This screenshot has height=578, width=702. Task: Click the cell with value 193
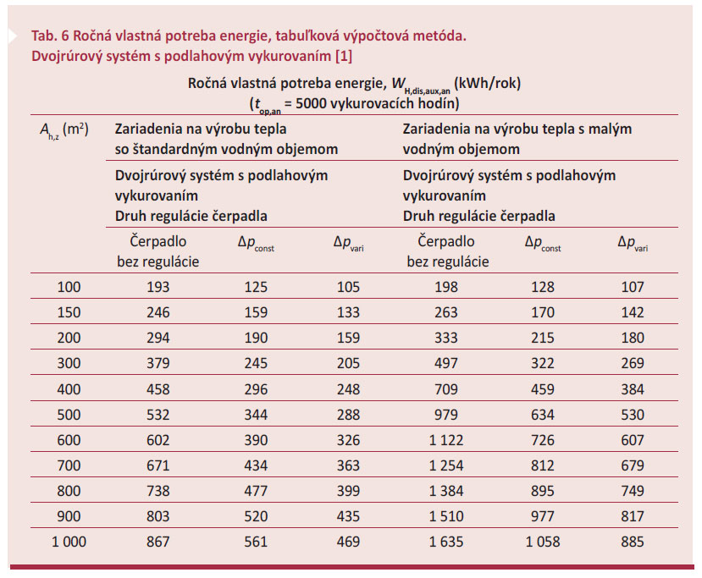click(158, 287)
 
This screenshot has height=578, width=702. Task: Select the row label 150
click(69, 312)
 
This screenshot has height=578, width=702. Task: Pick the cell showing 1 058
click(542, 542)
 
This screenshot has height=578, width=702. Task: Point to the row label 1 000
click(69, 542)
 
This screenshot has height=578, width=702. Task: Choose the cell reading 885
click(633, 542)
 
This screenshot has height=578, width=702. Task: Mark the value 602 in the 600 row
click(158, 440)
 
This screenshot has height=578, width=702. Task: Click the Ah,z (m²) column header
click(65, 130)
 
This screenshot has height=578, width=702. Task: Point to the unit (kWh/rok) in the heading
click(486, 84)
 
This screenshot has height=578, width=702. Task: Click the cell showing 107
click(633, 287)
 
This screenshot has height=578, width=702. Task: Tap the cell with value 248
click(347, 389)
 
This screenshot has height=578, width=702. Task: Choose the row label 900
click(69, 517)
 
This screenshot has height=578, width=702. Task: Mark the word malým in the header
click(612, 129)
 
